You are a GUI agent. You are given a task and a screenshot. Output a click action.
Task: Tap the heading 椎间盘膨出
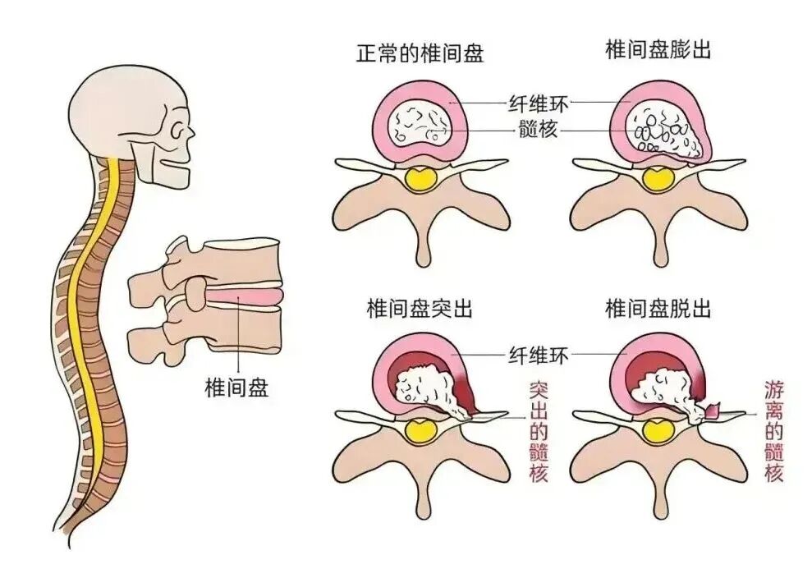pyautogui.click(x=658, y=51)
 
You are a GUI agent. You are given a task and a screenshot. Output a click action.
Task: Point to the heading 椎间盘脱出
pyautogui.click(x=658, y=309)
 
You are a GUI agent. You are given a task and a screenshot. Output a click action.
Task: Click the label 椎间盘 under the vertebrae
pyautogui.click(x=236, y=387)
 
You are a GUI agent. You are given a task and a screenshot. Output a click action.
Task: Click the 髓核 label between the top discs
pyautogui.click(x=538, y=130)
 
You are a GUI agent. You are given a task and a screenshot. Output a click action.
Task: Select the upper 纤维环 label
pyautogui.click(x=538, y=103)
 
